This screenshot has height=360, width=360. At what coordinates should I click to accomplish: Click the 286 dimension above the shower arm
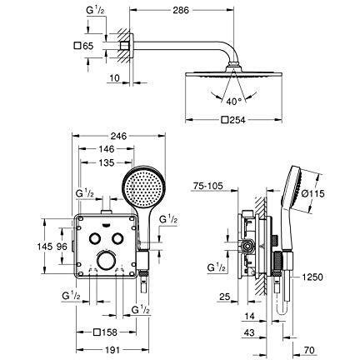point(181,10)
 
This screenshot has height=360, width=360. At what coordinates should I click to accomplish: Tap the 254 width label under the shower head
point(233,120)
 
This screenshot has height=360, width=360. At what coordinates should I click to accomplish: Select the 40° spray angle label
point(234,102)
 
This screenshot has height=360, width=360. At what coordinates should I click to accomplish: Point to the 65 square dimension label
point(84,46)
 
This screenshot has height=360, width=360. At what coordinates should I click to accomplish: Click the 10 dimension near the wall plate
point(114,78)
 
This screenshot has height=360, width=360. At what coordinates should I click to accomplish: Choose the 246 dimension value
point(118,136)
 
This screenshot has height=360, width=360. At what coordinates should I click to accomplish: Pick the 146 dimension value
point(107,149)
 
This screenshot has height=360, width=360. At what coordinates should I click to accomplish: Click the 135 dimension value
point(107,162)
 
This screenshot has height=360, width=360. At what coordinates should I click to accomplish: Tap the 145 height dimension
point(45,246)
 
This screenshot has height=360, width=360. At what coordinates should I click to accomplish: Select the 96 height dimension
point(62,246)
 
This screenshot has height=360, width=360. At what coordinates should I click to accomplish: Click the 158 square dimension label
point(106,332)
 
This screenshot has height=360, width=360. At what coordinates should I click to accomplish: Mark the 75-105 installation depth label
point(208,186)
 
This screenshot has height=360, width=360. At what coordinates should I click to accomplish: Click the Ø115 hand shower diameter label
point(312,193)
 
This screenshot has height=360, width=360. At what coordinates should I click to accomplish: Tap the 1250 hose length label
point(312,277)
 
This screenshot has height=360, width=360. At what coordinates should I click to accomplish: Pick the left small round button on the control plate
point(94,238)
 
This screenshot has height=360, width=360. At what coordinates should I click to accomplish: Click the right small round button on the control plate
point(117,238)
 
